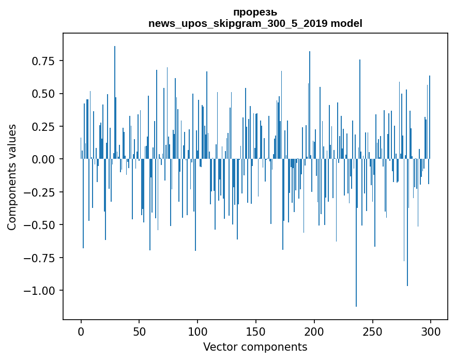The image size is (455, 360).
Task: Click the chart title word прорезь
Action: click(255, 12)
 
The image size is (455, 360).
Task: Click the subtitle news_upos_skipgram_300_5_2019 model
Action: click(255, 23)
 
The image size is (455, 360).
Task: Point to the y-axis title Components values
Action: click(11, 177)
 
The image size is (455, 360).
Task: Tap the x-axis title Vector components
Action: click(255, 347)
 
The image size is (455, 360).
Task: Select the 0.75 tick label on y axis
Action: click(43, 61)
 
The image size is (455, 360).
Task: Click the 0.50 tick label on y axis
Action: click(43, 94)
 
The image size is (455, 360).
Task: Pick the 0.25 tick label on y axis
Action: click(43, 127)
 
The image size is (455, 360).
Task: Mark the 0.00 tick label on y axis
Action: click(43, 159)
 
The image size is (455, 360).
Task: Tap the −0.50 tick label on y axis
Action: click(39, 225)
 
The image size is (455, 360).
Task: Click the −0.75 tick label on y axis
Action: click(39, 258)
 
